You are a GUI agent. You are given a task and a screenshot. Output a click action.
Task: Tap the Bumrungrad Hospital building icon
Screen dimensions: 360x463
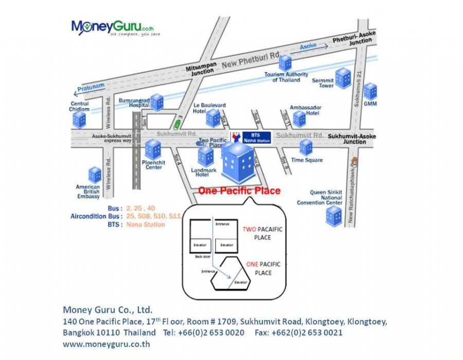click(x=156, y=102)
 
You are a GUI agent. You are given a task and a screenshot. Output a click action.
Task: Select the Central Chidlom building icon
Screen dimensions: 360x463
click(x=79, y=120)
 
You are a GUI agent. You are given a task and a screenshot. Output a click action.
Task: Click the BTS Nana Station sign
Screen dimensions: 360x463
click(x=256, y=137)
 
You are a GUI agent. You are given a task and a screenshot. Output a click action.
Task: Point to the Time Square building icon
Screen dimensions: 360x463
click(x=306, y=147)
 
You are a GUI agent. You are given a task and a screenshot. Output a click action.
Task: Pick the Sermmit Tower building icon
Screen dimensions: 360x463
click(x=343, y=78)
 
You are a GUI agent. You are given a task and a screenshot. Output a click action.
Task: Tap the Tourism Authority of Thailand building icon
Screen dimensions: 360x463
click(x=285, y=63)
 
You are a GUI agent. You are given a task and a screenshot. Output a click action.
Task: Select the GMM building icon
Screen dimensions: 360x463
click(x=370, y=91)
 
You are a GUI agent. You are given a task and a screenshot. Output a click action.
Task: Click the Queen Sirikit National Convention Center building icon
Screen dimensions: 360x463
click(x=334, y=216)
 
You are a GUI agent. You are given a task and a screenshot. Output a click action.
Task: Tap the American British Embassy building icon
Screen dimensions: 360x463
click(x=95, y=175)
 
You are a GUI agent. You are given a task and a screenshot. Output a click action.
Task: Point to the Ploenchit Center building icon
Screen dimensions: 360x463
click(x=153, y=149)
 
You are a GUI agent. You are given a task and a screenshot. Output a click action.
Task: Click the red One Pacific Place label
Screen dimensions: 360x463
click(x=239, y=191)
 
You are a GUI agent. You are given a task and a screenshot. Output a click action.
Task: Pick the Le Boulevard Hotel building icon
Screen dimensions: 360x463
click(x=213, y=118)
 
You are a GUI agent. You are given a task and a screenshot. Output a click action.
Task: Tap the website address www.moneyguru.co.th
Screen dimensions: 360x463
click(x=106, y=344)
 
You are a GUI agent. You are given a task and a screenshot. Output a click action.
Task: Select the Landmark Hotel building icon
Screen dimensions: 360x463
click(x=206, y=155)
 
